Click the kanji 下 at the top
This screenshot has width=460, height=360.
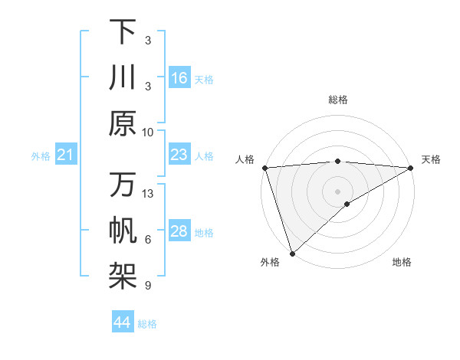pyautogui.click(x=123, y=31)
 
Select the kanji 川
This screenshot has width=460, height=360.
pyautogui.click(x=123, y=77)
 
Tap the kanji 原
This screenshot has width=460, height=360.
pyautogui.click(x=123, y=123)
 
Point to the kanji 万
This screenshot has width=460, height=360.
pyautogui.click(x=123, y=185)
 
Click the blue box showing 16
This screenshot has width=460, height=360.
pyautogui.click(x=179, y=78)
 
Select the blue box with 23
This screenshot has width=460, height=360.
pyautogui.click(x=179, y=155)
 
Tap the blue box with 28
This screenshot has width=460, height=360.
pyautogui.click(x=179, y=232)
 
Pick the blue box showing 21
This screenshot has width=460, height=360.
pyautogui.click(x=65, y=155)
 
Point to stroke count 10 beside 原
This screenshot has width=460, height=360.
pyautogui.click(x=148, y=132)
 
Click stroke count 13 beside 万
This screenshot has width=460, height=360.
pyautogui.click(x=148, y=194)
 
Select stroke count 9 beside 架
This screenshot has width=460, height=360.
pyautogui.click(x=148, y=286)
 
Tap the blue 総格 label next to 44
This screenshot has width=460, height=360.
pyautogui.click(x=148, y=324)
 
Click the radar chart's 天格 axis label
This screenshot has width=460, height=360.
pyautogui.click(x=432, y=159)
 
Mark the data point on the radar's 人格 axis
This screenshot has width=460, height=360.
pyautogui.click(x=264, y=167)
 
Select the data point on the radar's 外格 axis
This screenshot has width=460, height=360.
pyautogui.click(x=292, y=254)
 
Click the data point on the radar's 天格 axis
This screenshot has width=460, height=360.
pyautogui.click(x=411, y=167)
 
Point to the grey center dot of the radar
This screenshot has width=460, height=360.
pyautogui.click(x=337, y=191)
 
